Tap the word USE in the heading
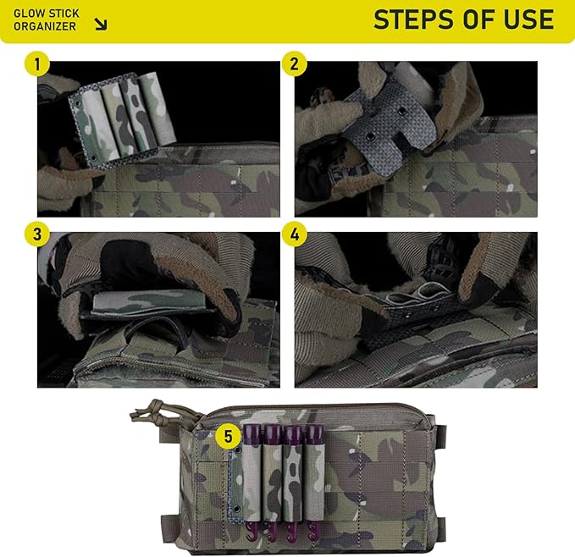[x=528, y=19]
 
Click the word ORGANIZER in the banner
[x=45, y=26]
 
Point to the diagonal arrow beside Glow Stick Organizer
[x=101, y=24]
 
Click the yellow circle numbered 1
[x=37, y=64]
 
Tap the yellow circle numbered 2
[x=294, y=64]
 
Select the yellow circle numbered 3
[x=37, y=234]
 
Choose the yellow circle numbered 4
[x=294, y=234]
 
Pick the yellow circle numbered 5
[x=228, y=437]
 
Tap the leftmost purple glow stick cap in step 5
[x=252, y=433]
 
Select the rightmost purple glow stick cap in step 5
[x=315, y=433]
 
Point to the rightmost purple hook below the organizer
[x=312, y=530]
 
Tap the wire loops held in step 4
[x=418, y=293]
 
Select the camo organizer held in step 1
[x=122, y=118]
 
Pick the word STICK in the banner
[x=64, y=14]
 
